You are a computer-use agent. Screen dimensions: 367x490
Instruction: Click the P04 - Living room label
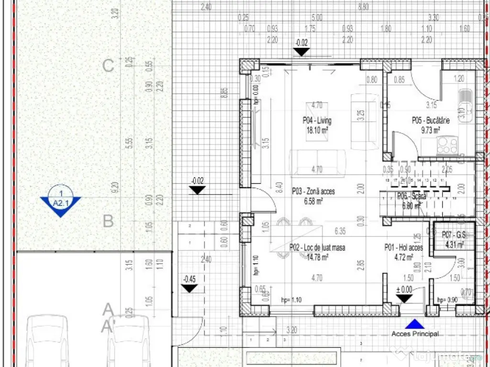(x=316, y=120)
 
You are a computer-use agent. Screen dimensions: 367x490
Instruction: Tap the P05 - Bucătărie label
(x=431, y=121)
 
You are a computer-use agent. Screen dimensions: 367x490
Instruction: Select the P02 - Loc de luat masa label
(x=317, y=248)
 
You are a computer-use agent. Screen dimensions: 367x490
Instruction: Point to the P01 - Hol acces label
(x=403, y=248)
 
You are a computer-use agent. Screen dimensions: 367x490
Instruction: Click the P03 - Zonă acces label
(x=313, y=192)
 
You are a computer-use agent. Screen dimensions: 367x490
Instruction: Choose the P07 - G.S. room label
(x=454, y=236)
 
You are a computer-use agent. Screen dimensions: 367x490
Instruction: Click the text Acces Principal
(x=415, y=334)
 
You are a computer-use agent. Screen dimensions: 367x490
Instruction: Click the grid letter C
(x=109, y=66)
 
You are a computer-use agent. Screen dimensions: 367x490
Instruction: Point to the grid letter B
(x=109, y=221)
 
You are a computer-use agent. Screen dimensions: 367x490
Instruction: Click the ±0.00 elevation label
(x=404, y=289)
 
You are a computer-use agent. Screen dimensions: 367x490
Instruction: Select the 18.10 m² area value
(x=317, y=129)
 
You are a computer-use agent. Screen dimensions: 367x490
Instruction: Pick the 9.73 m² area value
(x=431, y=129)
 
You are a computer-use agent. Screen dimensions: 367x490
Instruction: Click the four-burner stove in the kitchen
(x=446, y=145)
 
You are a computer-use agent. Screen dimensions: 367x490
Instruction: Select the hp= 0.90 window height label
(x=448, y=300)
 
